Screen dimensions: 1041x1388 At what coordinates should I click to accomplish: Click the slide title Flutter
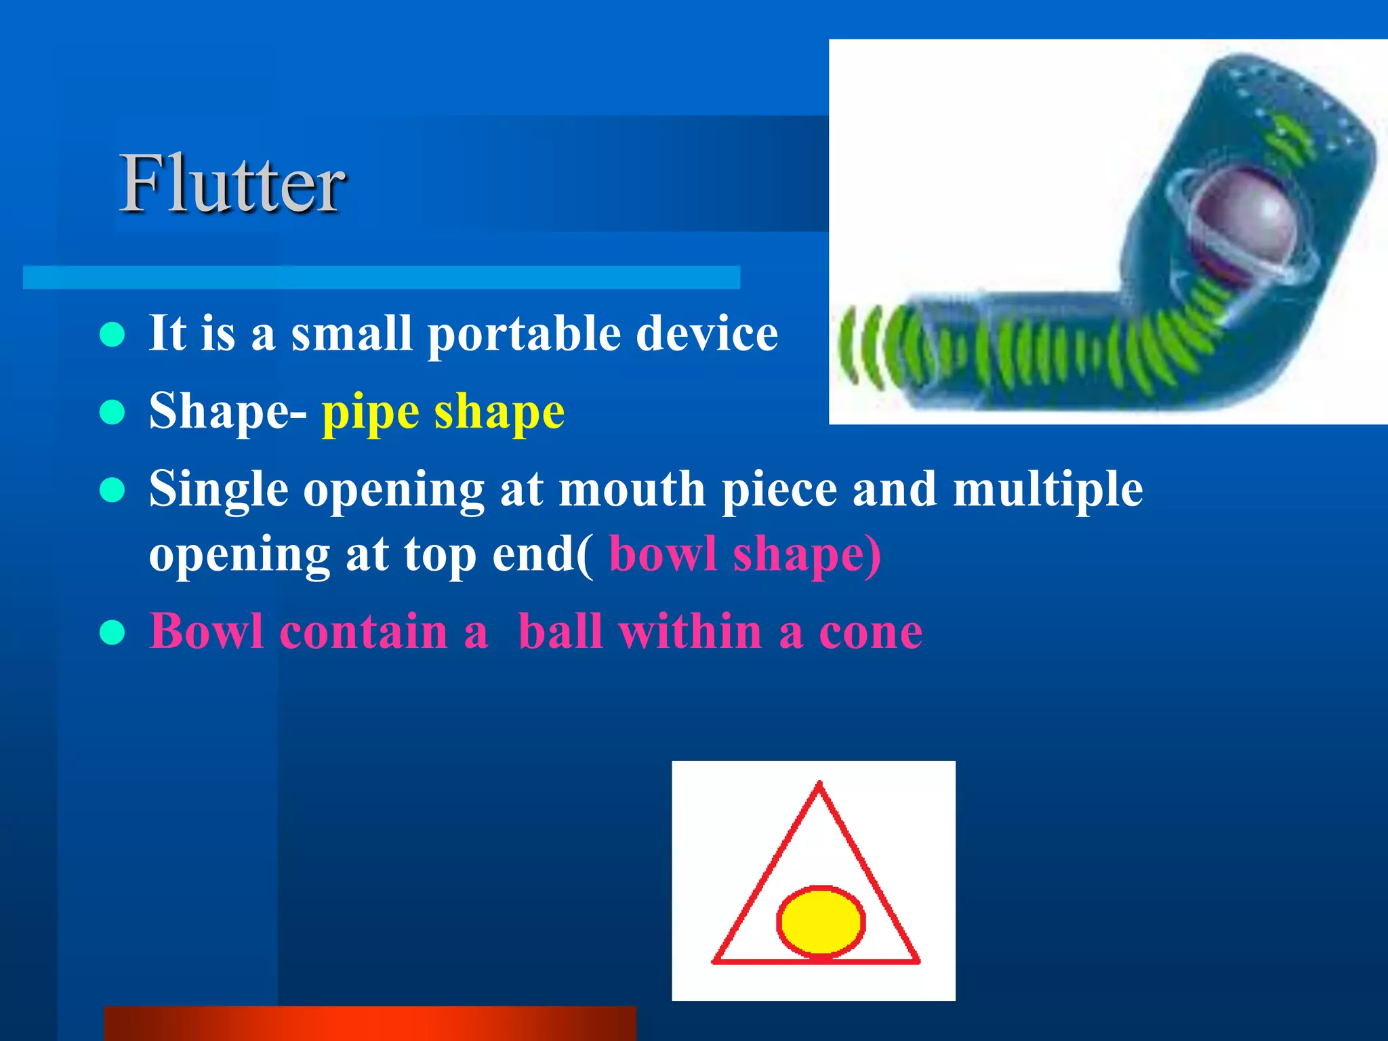coord(232,184)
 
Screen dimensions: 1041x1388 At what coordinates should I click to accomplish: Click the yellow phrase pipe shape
coord(443,411)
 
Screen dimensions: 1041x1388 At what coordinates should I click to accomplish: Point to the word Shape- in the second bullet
coord(228,411)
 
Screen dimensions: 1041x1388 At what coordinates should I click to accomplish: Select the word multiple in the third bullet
coord(1048,489)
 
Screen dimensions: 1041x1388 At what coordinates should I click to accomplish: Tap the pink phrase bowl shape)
coord(745,554)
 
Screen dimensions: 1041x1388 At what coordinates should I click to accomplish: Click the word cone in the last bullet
coord(870,632)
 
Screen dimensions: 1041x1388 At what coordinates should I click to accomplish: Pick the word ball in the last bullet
coord(560,632)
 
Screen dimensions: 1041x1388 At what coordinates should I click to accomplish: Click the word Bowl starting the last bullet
coord(206,632)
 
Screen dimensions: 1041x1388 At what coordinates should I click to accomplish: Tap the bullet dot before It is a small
coord(112,335)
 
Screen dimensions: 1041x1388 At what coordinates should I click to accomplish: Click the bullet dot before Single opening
coord(112,490)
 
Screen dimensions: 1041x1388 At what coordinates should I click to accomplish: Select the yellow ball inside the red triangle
coord(821,922)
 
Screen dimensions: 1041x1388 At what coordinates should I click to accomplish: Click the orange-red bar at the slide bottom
coord(369,1023)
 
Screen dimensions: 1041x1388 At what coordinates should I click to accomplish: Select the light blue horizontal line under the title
coord(381,277)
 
